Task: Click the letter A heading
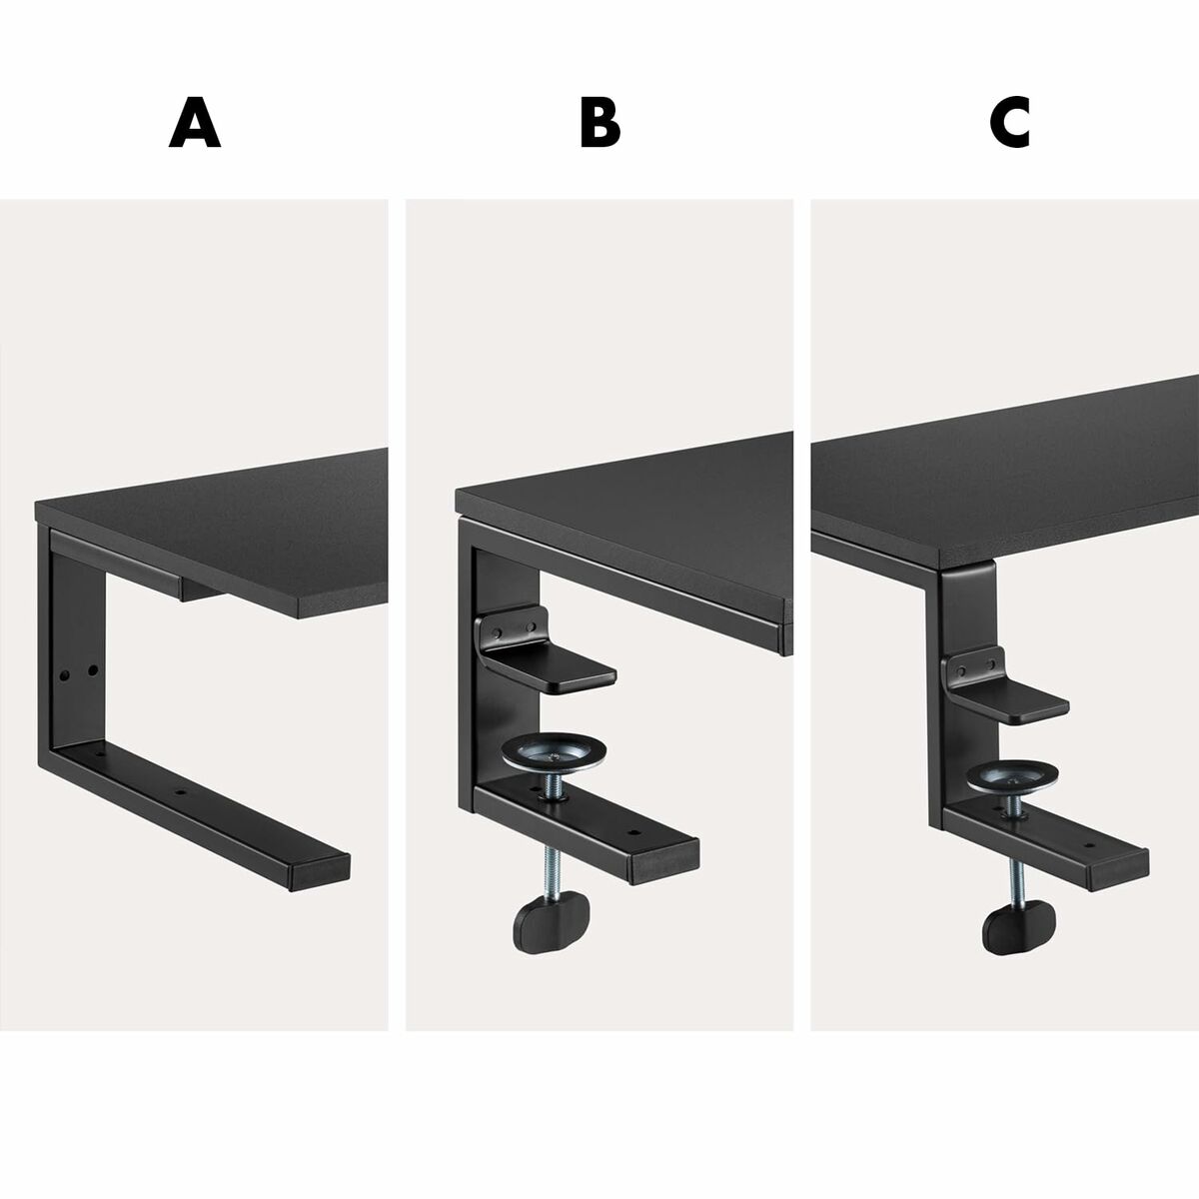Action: click(x=195, y=124)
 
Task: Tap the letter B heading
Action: click(x=599, y=124)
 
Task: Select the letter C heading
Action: click(x=1009, y=124)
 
